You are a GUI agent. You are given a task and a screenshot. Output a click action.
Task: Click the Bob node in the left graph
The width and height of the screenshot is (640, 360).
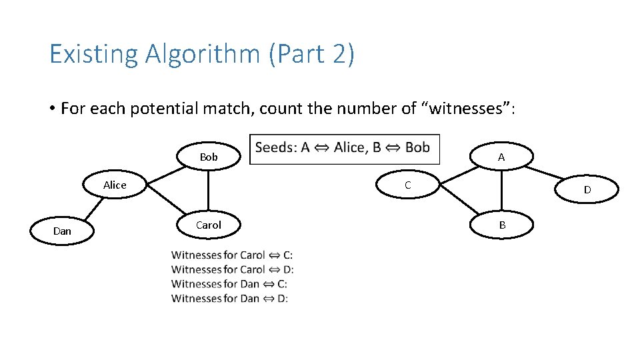[x=209, y=157]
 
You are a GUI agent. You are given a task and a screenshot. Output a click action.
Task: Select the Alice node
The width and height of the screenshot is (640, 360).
[x=115, y=185]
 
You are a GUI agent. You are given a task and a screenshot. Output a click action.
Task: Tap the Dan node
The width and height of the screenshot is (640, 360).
[x=62, y=231]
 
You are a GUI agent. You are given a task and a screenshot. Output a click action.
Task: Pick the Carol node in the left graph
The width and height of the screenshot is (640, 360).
[x=209, y=225]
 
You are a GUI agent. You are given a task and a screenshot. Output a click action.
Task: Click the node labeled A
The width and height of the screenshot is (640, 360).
[x=501, y=157]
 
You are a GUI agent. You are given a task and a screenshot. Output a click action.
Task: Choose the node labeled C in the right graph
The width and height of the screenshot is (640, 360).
[x=408, y=185]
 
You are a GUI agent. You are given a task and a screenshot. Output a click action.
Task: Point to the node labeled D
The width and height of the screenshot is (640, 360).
[x=587, y=189]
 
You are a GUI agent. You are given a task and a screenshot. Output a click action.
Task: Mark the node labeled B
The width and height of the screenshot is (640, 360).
[x=502, y=225]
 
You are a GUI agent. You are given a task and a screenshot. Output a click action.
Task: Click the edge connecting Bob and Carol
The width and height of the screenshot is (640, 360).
[x=209, y=191]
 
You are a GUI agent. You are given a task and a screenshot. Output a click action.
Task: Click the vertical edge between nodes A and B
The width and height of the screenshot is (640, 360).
[x=501, y=191]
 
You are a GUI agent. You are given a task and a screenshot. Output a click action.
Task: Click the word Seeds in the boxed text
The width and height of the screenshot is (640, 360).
[x=276, y=147]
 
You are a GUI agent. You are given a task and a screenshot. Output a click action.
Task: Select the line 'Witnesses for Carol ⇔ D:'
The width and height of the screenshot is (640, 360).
[x=232, y=269]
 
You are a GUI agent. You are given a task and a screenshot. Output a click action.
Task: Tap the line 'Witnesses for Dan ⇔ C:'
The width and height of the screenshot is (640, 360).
[x=229, y=284]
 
